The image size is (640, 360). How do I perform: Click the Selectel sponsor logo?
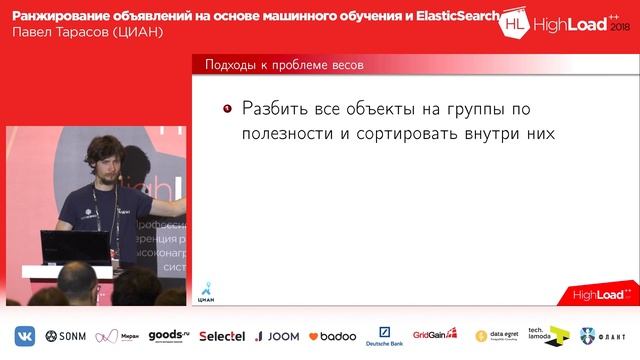click(x=221, y=336)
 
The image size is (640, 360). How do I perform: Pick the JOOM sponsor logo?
click(x=277, y=336)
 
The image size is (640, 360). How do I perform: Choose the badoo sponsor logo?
click(x=332, y=336)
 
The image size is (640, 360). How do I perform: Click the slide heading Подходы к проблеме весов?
click(x=283, y=65)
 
